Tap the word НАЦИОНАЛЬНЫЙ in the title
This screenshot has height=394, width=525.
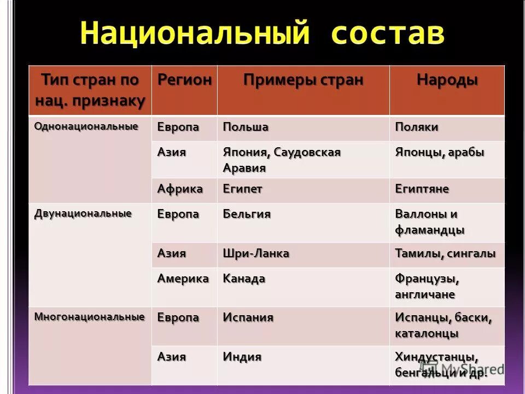coord(192,34)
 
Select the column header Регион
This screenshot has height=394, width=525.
coord(184,80)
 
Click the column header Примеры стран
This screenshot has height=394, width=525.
coord(303,80)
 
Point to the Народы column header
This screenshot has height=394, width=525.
coord(447,80)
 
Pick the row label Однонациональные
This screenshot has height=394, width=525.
coord(86,126)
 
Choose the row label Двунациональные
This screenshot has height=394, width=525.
coord(83,213)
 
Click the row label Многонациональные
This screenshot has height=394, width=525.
coord(89,316)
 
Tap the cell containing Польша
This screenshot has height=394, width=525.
coord(246,128)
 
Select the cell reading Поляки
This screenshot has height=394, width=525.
coord(417,128)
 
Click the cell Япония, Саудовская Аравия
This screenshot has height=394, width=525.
coord(282,160)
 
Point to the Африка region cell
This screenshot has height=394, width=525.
coord(180,189)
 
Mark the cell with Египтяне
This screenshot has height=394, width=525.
coord(422,189)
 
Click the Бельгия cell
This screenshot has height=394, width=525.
coord(247,214)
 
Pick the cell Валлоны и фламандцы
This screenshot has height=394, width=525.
coord(429,222)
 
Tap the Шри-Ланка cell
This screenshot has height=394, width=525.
coord(256,254)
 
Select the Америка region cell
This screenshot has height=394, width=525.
coord(183,279)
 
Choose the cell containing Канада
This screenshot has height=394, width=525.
coord(244,279)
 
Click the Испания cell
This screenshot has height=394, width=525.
coord(248,318)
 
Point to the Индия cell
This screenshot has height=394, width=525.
coord(242,357)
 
